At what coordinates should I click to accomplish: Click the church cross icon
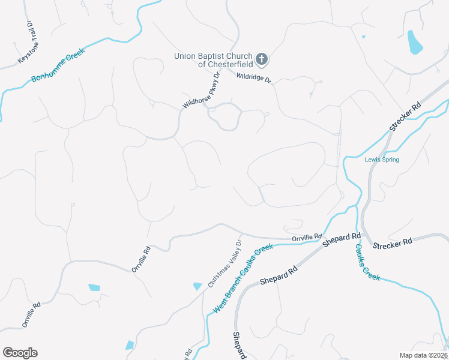point(261,59)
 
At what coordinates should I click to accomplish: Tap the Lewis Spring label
point(382,160)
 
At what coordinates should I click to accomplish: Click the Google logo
point(20,352)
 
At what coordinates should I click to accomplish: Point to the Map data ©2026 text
point(423,355)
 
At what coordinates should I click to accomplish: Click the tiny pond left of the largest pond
point(364,37)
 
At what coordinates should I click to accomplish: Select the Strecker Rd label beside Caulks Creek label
point(392,242)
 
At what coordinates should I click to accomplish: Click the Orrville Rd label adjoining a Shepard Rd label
point(307,238)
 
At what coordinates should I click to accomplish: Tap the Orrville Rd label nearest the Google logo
point(31,314)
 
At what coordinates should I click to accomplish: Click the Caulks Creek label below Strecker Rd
point(367,262)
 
